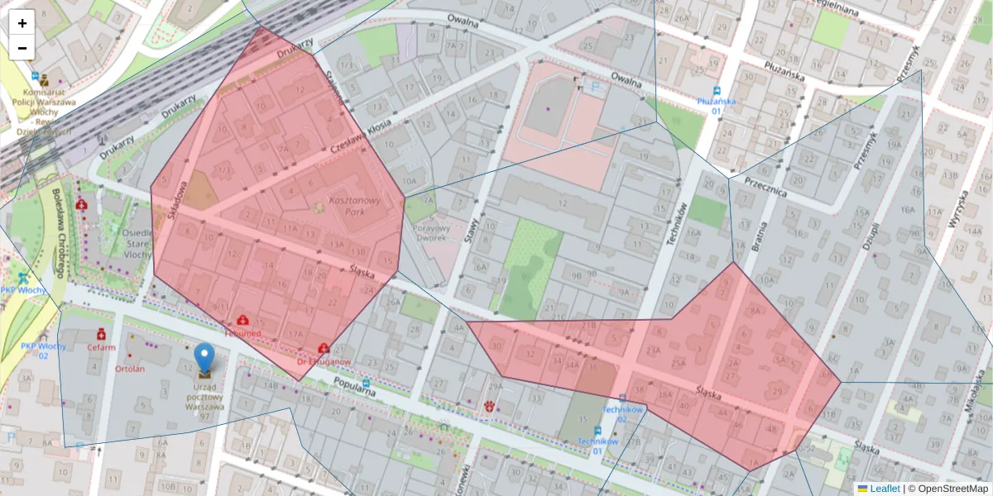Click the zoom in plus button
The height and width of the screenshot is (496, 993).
pyautogui.click(x=22, y=23)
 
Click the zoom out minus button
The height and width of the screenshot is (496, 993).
pyautogui.click(x=22, y=48)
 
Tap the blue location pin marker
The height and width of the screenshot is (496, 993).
pyautogui.click(x=204, y=360)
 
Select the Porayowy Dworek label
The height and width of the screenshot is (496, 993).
pyautogui.click(x=429, y=233)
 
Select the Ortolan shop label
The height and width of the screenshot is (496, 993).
pyautogui.click(x=129, y=369)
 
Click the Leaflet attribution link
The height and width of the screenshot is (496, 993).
pyautogui.click(x=884, y=489)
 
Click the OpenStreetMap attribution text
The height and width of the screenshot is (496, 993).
pyautogui.click(x=947, y=489)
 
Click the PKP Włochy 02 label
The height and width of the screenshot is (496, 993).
pyautogui.click(x=33, y=351)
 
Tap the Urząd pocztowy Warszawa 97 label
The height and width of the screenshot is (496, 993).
pyautogui.click(x=204, y=398)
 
